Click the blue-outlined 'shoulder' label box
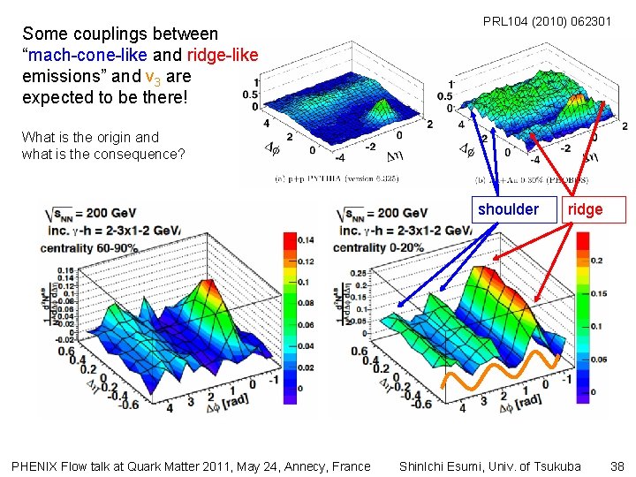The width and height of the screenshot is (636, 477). [508, 209]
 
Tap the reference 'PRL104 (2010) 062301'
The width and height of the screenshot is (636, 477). [547, 20]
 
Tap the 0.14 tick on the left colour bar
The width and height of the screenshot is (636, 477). [307, 240]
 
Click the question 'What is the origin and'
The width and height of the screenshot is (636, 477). [90, 137]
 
